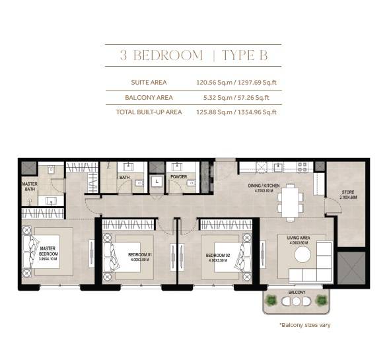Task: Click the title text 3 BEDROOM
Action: click(161, 55)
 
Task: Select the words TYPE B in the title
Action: click(244, 55)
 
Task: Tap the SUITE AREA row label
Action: click(149, 83)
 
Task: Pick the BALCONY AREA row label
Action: click(149, 97)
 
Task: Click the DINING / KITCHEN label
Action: click(259, 187)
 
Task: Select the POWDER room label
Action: click(178, 177)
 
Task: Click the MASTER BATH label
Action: click(29, 187)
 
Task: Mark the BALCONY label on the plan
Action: click(295, 291)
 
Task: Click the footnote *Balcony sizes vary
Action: click(304, 324)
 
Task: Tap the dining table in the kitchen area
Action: click(289, 201)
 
